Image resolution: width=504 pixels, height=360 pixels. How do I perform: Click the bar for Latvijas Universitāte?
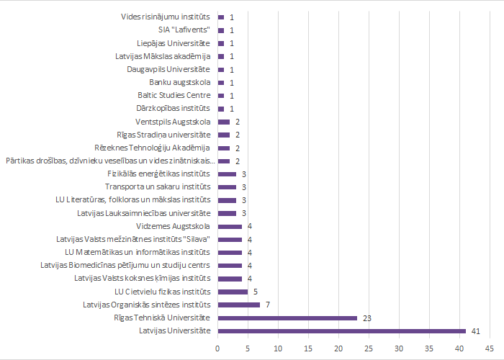pyautogui.click(x=341, y=330)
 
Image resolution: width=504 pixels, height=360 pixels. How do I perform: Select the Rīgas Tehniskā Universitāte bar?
pyautogui.click(x=287, y=318)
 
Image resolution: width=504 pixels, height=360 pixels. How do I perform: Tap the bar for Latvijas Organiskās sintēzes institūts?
pyautogui.click(x=239, y=305)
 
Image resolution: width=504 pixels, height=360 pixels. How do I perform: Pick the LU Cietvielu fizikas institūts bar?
pyautogui.click(x=233, y=292)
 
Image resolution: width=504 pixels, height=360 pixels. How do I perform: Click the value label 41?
pyautogui.click(x=476, y=331)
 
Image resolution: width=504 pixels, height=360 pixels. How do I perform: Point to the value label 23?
pyautogui.click(x=366, y=318)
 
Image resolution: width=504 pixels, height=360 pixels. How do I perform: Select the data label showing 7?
pyautogui.click(x=268, y=305)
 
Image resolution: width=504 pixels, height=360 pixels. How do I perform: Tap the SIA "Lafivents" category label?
pyautogui.click(x=184, y=30)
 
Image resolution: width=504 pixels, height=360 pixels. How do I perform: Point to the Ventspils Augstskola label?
pyautogui.click(x=173, y=122)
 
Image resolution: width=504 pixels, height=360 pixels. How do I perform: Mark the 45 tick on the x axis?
pyautogui.click(x=489, y=348)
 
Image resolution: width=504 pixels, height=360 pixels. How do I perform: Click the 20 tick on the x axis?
pyautogui.click(x=338, y=348)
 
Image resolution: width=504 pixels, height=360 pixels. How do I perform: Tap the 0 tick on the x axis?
pyautogui.click(x=218, y=348)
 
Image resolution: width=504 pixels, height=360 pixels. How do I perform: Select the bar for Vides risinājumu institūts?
pyautogui.click(x=221, y=17)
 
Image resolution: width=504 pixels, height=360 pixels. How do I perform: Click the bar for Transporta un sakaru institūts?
pyautogui.click(x=227, y=187)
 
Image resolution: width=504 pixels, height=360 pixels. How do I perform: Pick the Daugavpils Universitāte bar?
pyautogui.click(x=221, y=70)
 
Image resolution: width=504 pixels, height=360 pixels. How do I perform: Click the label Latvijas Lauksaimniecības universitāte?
pyautogui.click(x=144, y=213)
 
